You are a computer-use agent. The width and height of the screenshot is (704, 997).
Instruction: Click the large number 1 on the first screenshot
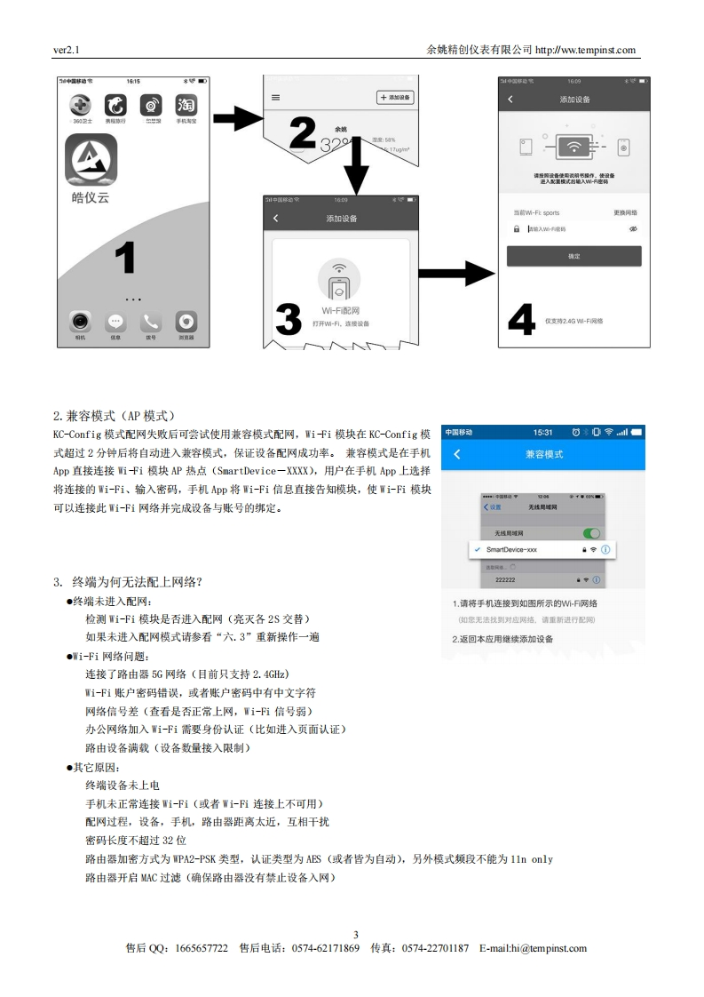click(124, 259)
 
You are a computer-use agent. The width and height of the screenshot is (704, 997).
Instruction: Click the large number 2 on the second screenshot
click(302, 133)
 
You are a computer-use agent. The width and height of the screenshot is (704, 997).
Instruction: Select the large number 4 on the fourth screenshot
click(521, 321)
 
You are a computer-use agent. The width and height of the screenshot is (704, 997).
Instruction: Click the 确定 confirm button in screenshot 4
click(573, 257)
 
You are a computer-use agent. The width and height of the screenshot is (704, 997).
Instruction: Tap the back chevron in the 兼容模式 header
click(457, 454)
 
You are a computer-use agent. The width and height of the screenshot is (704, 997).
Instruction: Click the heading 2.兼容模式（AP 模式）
click(115, 415)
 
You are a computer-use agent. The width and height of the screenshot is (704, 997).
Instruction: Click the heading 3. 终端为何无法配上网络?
click(128, 582)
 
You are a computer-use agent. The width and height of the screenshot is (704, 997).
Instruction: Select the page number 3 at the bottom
click(355, 934)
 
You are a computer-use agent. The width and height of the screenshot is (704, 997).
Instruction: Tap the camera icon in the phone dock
click(81, 322)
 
